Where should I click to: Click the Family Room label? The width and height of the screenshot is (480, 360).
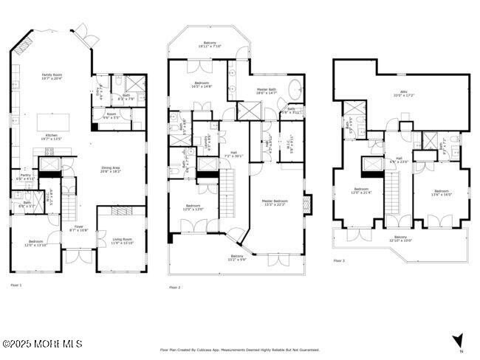point(52,76)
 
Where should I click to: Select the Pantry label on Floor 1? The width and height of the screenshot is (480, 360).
point(25,177)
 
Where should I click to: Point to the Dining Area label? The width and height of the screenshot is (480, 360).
point(112,169)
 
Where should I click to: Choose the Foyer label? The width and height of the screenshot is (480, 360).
point(78,228)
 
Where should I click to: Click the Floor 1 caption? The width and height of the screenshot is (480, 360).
point(16,285)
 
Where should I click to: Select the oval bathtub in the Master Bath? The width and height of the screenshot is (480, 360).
point(294,90)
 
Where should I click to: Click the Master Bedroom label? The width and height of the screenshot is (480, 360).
point(275,202)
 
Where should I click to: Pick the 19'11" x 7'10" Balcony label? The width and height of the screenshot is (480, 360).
point(210,46)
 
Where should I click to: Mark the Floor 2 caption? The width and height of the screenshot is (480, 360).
point(174,287)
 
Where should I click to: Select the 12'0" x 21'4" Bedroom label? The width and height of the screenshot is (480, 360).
point(361,191)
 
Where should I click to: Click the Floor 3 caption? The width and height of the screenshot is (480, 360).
point(338,261)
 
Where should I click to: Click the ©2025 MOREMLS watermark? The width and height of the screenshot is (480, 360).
point(41,344)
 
